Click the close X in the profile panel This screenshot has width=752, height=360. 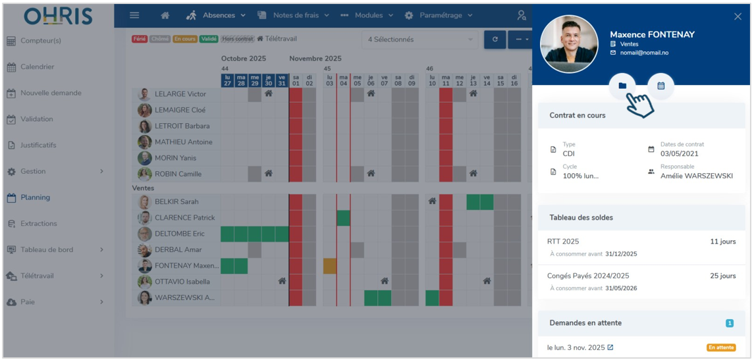tap(738, 16)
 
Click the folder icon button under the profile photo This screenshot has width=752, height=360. tap(622, 86)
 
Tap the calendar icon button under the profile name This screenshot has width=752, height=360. tap(661, 86)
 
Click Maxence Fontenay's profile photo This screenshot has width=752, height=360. tap(569, 43)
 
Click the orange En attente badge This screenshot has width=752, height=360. tap(721, 347)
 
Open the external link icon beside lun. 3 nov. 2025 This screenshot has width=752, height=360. tap(610, 347)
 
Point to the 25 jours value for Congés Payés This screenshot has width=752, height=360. tap(723, 276)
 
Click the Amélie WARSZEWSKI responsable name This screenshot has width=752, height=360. tap(696, 176)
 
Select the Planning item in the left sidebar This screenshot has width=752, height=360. tap(35, 197)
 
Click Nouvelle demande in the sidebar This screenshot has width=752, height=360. tap(51, 93)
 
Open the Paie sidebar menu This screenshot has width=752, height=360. tap(27, 302)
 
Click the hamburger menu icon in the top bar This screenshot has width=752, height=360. tap(134, 15)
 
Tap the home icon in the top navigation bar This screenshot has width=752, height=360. tap(165, 15)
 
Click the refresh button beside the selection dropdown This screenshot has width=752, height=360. tap(495, 39)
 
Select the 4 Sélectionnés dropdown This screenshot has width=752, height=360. tap(420, 39)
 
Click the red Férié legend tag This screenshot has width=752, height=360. tap(140, 39)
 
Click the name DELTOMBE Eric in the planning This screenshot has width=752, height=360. tap(179, 234)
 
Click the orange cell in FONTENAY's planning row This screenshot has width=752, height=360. tap(329, 266)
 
